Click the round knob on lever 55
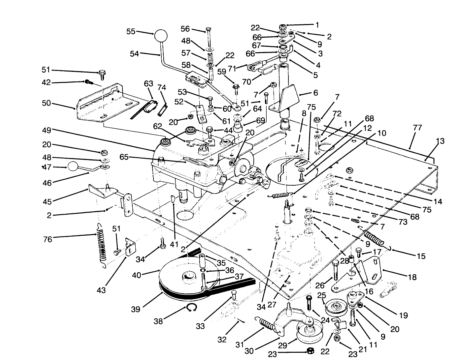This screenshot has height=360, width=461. pyautogui.click(x=161, y=36)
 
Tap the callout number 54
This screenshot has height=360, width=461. pyautogui.click(x=134, y=54)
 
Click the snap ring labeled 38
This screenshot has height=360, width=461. pyautogui.click(x=190, y=309)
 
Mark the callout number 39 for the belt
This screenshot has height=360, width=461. pyautogui.click(x=136, y=309)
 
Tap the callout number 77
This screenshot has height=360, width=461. pyautogui.click(x=417, y=128)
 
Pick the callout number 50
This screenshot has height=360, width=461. pyautogui.click(x=47, y=103)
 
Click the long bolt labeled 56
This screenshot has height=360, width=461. pyautogui.click(x=209, y=39)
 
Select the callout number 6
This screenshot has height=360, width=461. pyautogui.click(x=315, y=93)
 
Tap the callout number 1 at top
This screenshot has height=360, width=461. pyautogui.click(x=317, y=25)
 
